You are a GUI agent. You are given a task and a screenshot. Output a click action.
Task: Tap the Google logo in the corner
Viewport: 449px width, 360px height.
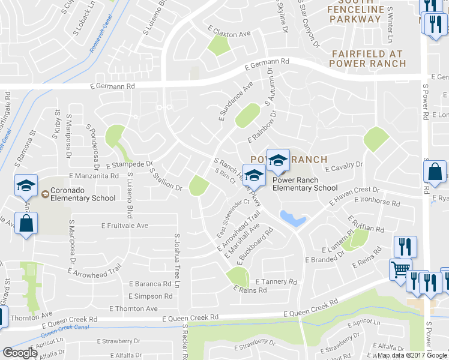click(x=20, y=353)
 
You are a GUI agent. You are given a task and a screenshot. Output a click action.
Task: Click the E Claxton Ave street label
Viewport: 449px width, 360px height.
click(x=229, y=32)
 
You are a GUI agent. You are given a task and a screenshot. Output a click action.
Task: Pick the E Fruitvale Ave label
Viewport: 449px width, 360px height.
click(x=124, y=226)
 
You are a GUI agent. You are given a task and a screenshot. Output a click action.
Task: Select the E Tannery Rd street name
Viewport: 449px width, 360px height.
click(x=276, y=281)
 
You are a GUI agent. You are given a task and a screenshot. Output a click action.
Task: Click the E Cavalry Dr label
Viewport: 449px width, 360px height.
click(x=345, y=166)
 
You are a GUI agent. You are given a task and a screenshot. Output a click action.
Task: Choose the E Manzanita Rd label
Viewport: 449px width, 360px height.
click(x=94, y=176)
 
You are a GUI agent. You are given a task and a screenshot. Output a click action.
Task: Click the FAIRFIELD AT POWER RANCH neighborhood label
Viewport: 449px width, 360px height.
click(x=369, y=58)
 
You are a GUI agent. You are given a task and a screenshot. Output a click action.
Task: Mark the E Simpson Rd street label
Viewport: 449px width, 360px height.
click(x=149, y=296)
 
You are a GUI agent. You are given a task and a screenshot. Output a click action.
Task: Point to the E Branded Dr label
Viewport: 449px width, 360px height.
click(x=324, y=257)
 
